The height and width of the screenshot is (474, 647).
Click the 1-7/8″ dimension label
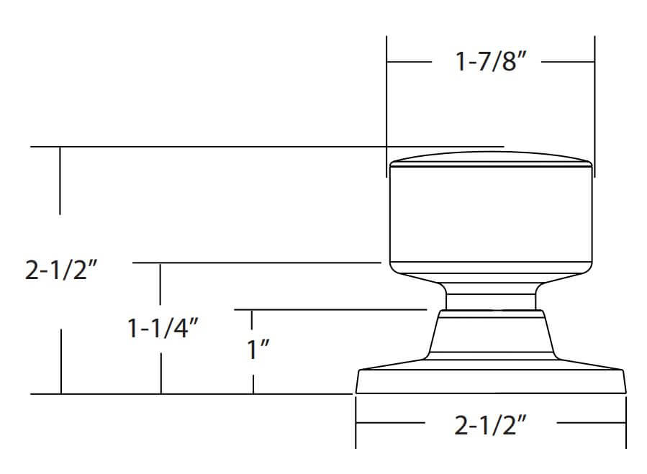(x=491, y=61)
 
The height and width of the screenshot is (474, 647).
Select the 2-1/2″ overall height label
(x=61, y=270)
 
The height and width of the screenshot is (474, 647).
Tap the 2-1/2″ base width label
(x=491, y=425)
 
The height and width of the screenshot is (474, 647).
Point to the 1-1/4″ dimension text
(x=163, y=328)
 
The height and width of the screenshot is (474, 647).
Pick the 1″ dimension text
(x=258, y=349)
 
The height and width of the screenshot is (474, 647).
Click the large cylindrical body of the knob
(x=491, y=214)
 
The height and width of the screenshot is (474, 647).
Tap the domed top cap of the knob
(x=491, y=159)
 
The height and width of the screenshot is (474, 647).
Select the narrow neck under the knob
(x=491, y=296)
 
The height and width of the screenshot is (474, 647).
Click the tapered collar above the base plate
(x=491, y=335)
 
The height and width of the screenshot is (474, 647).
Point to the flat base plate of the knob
(x=491, y=377)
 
